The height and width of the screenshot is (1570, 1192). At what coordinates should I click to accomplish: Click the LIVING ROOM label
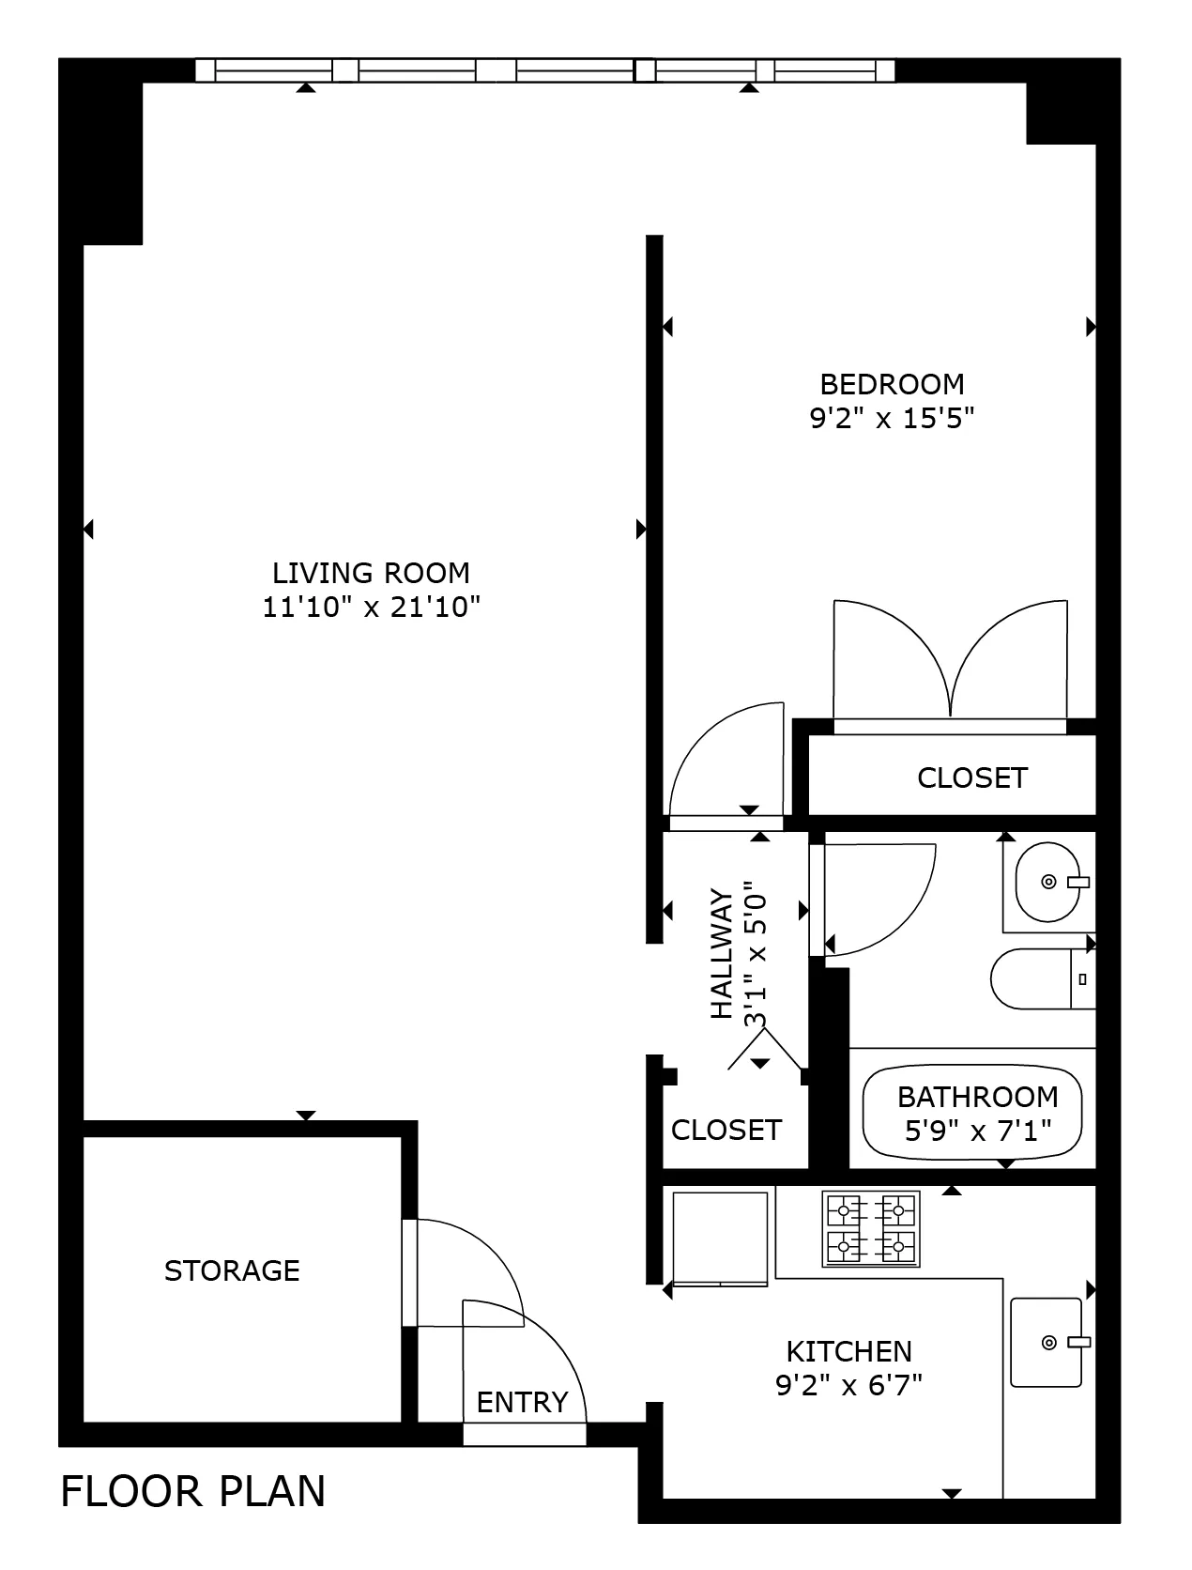click(371, 573)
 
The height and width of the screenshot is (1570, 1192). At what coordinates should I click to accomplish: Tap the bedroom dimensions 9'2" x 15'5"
click(892, 418)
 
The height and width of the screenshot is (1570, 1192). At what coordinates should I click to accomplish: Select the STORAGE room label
click(232, 1270)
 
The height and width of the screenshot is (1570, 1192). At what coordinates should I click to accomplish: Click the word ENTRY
click(522, 1402)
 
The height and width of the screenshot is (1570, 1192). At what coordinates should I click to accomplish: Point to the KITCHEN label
click(848, 1351)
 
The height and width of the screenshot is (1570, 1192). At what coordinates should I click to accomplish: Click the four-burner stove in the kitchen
click(871, 1229)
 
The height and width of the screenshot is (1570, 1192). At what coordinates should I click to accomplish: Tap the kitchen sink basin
click(1046, 1343)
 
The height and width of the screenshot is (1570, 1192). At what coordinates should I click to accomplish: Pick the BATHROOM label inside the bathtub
click(977, 1097)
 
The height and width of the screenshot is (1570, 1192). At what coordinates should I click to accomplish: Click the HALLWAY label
click(721, 953)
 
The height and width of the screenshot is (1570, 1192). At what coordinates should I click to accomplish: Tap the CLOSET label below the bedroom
click(971, 777)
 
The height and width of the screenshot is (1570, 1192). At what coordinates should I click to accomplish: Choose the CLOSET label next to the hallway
click(726, 1129)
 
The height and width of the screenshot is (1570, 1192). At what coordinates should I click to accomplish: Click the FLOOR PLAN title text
click(192, 1491)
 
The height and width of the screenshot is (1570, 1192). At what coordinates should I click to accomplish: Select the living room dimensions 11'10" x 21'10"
click(371, 608)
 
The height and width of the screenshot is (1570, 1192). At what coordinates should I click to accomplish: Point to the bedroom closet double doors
click(950, 662)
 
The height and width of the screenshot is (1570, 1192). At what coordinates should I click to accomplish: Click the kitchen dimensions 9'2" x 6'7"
click(848, 1385)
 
